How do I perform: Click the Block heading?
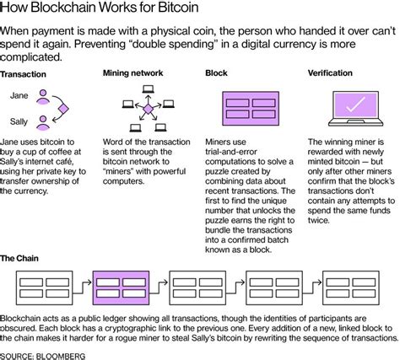[216, 73]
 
